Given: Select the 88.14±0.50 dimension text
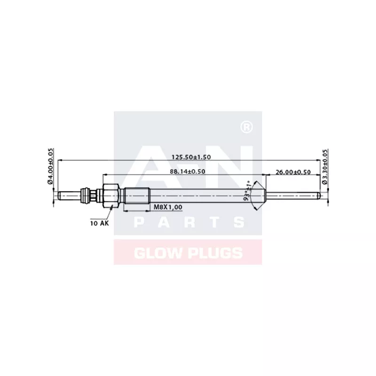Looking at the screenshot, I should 188,172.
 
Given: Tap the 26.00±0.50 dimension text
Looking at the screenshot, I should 293,172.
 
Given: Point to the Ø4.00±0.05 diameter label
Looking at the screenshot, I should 50,167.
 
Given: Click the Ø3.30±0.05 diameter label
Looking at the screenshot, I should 325,167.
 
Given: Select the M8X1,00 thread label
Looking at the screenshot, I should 168,207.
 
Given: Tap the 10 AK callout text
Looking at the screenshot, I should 99,223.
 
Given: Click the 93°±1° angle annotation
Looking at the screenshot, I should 247,190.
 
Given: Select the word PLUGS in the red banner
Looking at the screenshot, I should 214,253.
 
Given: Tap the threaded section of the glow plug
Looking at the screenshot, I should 137,195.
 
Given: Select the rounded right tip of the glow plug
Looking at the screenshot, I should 320,195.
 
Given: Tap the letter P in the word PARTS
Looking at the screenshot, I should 139,222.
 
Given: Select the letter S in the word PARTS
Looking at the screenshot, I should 238,222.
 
